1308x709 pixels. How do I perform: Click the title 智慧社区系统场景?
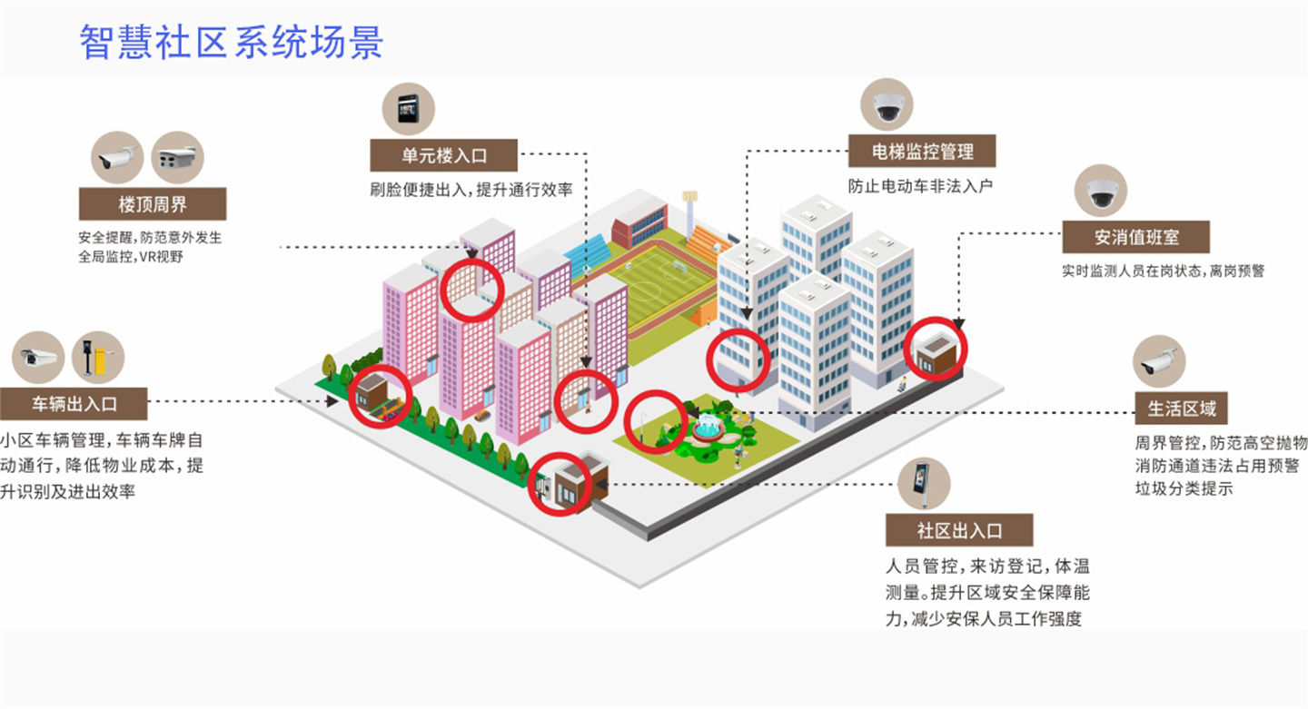pyautogui.click(x=232, y=42)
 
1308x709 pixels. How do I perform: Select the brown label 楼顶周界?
pyautogui.click(x=153, y=203)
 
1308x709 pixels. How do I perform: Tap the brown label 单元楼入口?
pyautogui.click(x=444, y=155)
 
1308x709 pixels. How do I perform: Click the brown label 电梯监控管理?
pyautogui.click(x=922, y=151)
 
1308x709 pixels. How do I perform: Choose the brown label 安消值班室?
pyautogui.click(x=1135, y=237)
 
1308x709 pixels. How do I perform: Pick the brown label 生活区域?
pyautogui.click(x=1181, y=408)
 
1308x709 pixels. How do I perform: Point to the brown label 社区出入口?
pyautogui.click(x=959, y=530)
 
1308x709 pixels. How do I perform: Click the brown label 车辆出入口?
pyautogui.click(x=74, y=404)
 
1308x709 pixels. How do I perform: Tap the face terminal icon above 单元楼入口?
pyautogui.click(x=409, y=109)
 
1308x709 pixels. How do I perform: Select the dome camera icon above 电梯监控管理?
pyautogui.click(x=887, y=104)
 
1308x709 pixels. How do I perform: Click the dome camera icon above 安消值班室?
pyautogui.click(x=1101, y=191)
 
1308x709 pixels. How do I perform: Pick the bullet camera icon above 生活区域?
pyautogui.click(x=1159, y=361)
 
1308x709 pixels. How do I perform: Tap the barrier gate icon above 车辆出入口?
pyautogui.click(x=98, y=358)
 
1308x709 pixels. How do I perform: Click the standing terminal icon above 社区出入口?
pyautogui.click(x=924, y=484)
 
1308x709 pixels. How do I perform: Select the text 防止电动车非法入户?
pyautogui.click(x=920, y=186)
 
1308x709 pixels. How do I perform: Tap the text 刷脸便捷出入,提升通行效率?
pyautogui.click(x=471, y=190)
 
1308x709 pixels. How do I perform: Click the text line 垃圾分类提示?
pyautogui.click(x=1184, y=488)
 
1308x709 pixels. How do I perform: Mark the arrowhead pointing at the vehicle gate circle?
pyautogui.click(x=332, y=401)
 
